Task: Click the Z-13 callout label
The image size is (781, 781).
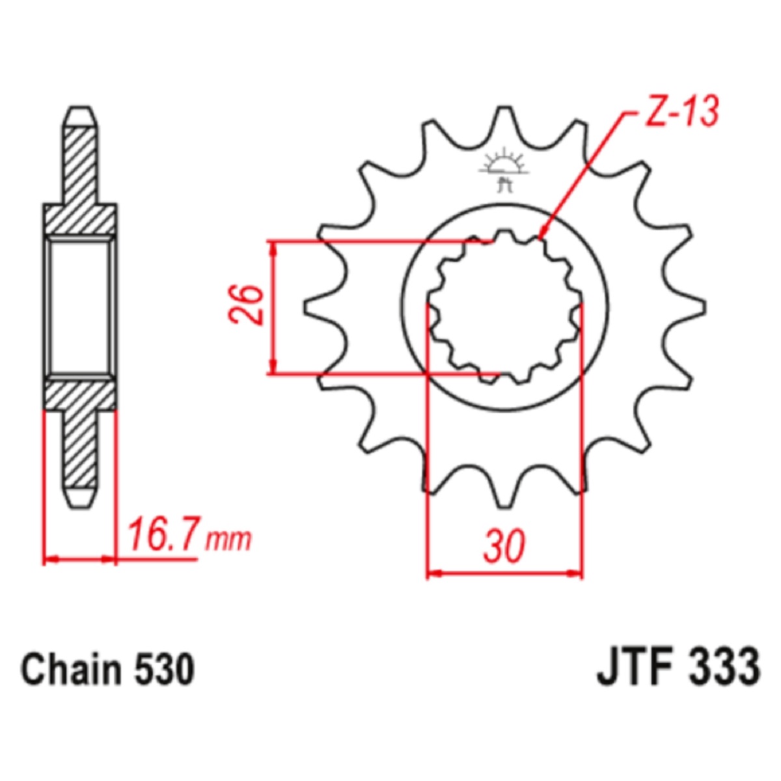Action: [x=681, y=111]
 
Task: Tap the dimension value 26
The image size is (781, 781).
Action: [x=245, y=305]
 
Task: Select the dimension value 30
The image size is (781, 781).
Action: [x=504, y=545]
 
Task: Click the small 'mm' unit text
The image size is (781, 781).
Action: [x=228, y=540]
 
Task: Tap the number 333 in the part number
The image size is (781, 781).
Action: [x=724, y=668]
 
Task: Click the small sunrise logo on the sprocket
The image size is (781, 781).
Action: [x=504, y=169]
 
